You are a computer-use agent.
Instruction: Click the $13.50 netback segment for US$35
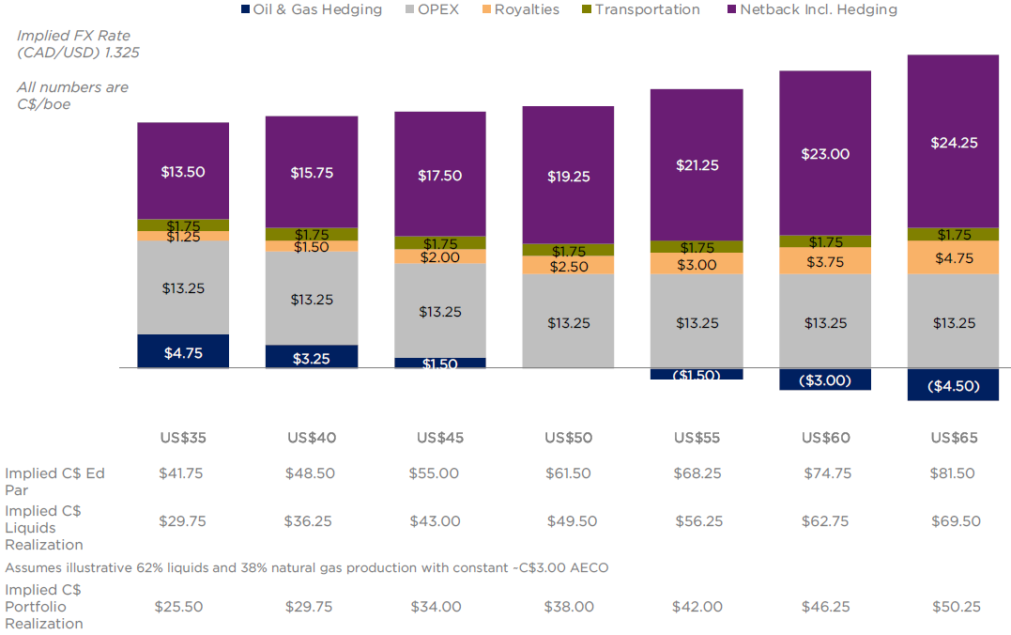click(x=183, y=171)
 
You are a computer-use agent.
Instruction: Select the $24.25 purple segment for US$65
click(x=953, y=142)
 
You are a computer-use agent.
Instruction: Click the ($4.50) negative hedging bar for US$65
click(x=953, y=385)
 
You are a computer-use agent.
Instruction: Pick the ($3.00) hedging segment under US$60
click(x=824, y=379)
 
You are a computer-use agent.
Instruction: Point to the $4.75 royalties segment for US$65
click(x=953, y=257)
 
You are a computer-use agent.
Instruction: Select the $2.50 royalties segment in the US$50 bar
click(x=569, y=266)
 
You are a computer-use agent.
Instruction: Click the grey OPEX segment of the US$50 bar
click(x=569, y=322)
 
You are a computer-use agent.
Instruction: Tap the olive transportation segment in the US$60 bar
click(x=824, y=241)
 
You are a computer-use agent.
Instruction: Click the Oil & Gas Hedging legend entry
click(x=313, y=9)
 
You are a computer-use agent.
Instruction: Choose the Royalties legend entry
click(x=520, y=9)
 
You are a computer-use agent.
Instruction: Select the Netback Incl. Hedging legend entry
click(x=813, y=9)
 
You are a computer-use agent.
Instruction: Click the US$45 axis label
click(x=440, y=438)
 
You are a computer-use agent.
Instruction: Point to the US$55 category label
click(x=697, y=438)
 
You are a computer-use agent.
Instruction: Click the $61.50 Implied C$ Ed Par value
click(x=568, y=473)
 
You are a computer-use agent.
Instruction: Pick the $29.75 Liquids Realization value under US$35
click(x=181, y=521)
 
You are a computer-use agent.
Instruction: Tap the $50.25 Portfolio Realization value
click(x=956, y=607)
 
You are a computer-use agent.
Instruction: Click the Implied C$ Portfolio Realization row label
click(x=44, y=607)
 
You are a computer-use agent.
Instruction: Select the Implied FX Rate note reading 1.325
click(x=78, y=44)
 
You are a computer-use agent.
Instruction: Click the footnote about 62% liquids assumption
click(x=306, y=567)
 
